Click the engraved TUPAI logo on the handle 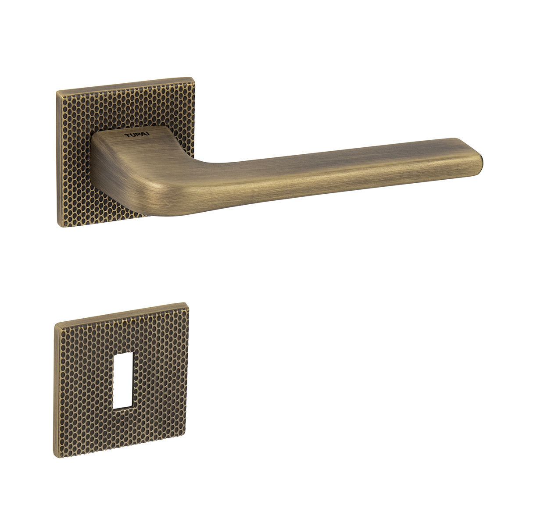point(137,135)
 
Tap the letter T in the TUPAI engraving point(127,136)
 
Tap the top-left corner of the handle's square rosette point(57,91)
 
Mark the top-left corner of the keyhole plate point(55,324)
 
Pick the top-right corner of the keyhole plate point(187,303)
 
